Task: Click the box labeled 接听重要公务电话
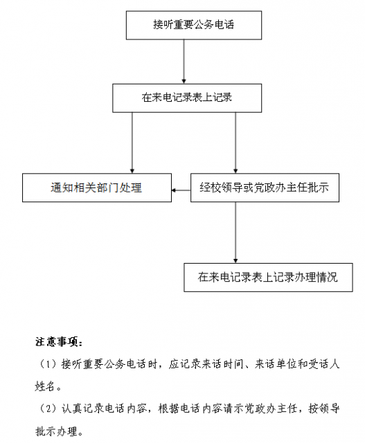click(x=194, y=25)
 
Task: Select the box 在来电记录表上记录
click(x=187, y=98)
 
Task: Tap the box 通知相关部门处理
click(x=97, y=188)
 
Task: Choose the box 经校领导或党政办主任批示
click(x=265, y=188)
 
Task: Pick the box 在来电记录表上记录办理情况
click(x=268, y=278)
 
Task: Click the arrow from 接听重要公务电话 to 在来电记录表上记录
click(x=184, y=62)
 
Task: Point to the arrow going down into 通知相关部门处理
click(x=132, y=143)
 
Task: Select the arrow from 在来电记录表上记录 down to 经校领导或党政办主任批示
click(x=235, y=143)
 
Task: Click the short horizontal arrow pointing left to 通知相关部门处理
click(x=181, y=190)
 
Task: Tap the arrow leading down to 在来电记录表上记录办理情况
click(x=235, y=233)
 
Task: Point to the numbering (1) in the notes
click(x=47, y=364)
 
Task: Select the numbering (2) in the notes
click(x=47, y=408)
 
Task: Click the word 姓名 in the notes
click(x=44, y=386)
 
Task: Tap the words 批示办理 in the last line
click(x=56, y=431)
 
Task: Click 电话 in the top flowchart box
click(x=224, y=25)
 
